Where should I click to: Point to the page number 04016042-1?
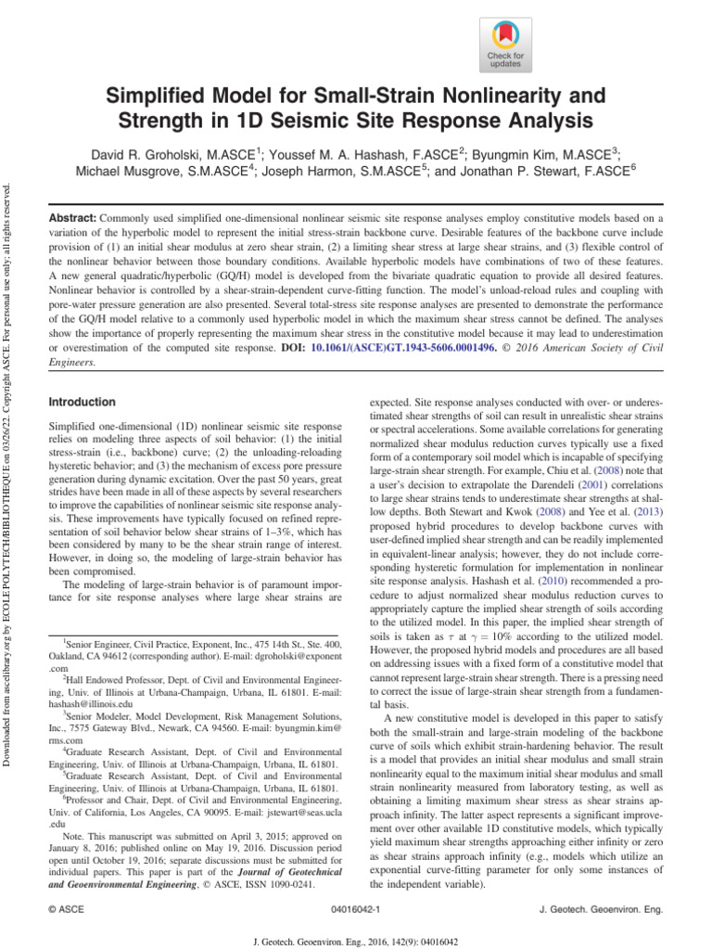click(356, 909)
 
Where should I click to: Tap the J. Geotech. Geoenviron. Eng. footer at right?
click(601, 909)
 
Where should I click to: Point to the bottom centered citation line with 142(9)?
click(356, 939)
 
